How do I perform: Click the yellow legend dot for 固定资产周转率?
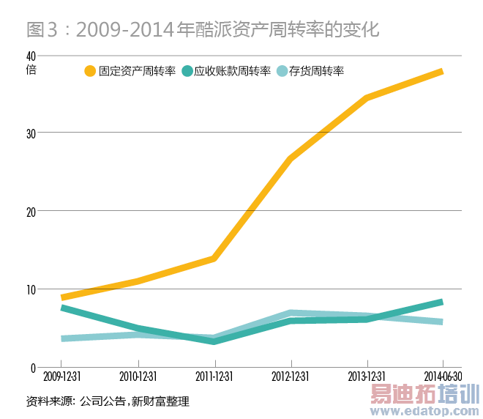[90, 72]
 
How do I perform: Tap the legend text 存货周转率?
[316, 72]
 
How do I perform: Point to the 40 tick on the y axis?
[30, 56]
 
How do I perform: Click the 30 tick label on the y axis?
[30, 133]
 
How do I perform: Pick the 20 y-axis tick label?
[30, 211]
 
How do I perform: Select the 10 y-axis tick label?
[30, 289]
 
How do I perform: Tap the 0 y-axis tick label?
[33, 366]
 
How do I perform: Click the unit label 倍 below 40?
[30, 70]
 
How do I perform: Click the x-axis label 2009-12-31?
[62, 377]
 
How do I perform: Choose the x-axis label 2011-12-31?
[215, 377]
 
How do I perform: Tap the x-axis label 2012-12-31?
[291, 377]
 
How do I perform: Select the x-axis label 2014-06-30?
[441, 377]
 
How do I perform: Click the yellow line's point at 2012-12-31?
[291, 159]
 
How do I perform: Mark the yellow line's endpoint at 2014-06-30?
[441, 71]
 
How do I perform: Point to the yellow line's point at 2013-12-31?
[367, 97]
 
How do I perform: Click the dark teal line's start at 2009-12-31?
[63, 308]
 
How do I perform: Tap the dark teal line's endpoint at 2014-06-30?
[441, 302]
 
